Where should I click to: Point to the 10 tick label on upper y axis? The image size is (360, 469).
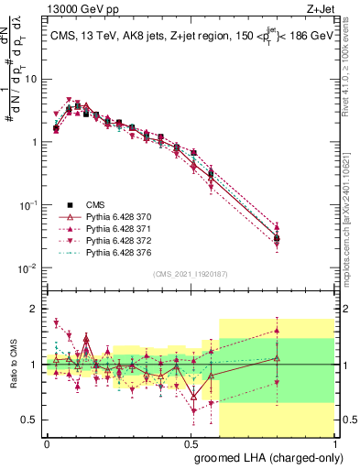pyautogui.click(x=29, y=79)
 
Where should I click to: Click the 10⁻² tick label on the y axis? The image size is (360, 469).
pyautogui.click(x=27, y=268)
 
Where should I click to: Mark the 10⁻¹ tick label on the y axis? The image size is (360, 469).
pyautogui.click(x=27, y=205)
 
